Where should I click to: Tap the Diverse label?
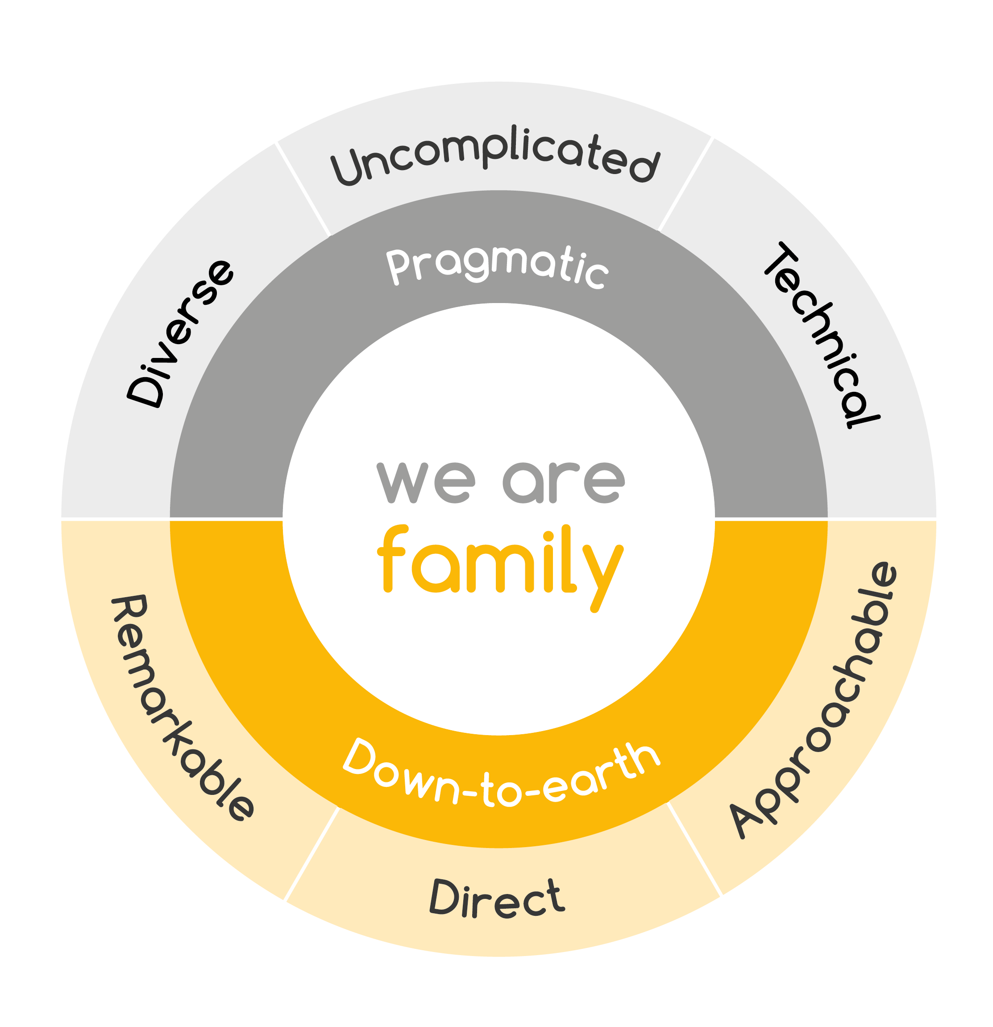pyautogui.click(x=180, y=333)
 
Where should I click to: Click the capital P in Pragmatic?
pyautogui.click(x=398, y=266)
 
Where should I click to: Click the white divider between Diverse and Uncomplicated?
pyautogui.click(x=303, y=189)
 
